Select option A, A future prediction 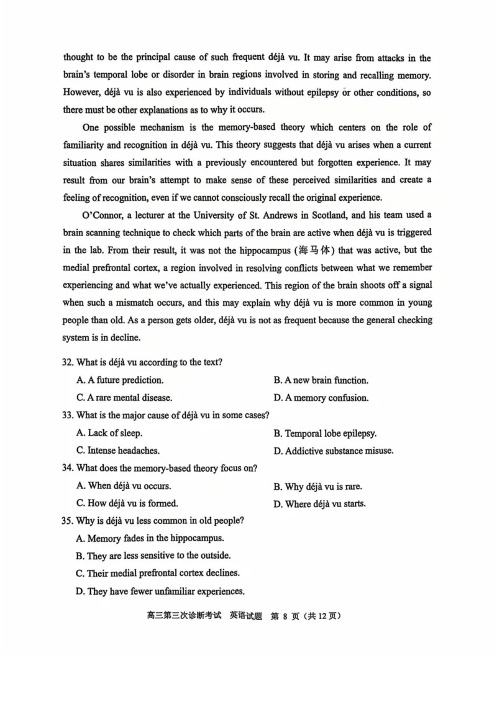click(120, 380)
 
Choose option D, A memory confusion click(321, 398)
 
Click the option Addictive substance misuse click(333, 451)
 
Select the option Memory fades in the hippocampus click(149, 539)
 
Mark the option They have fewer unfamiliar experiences click(160, 591)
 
